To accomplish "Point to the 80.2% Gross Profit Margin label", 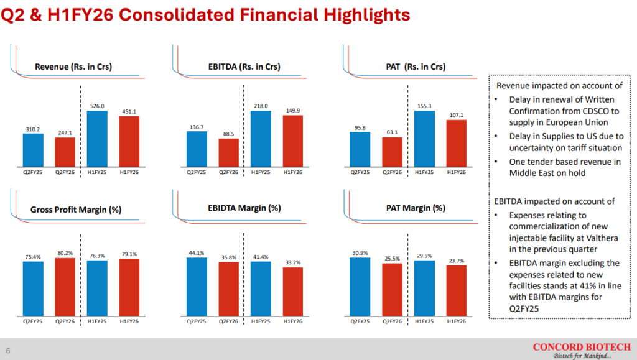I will coord(65,253).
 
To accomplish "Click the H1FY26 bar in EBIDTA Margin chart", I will coord(292,290).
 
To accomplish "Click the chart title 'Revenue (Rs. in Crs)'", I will coord(73,67).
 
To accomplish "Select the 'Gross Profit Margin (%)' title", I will coord(76,210).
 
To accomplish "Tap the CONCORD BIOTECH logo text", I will coord(582,346).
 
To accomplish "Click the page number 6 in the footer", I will coord(8,348).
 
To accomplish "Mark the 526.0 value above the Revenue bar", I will coord(97,106).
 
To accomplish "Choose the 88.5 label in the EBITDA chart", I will coord(228,134).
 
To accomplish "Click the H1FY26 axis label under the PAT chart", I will coord(456,172).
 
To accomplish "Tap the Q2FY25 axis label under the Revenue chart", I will coord(33,172).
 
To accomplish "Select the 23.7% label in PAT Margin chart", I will coord(456,261).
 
